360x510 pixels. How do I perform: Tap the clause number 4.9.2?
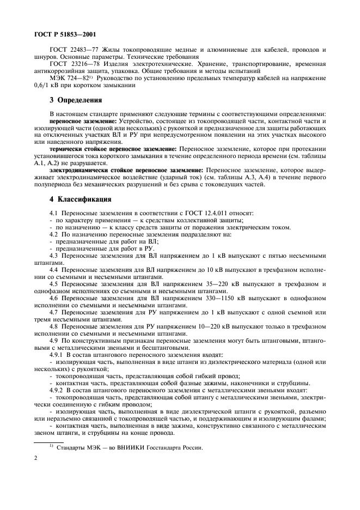coord(58,391)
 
